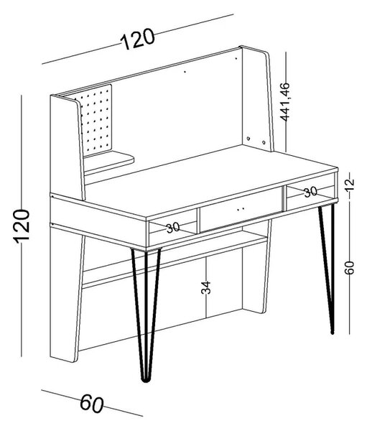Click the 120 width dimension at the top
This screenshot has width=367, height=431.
coord(137,39)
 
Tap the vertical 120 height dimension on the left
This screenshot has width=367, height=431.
coord(22,226)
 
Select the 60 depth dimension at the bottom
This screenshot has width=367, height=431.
coord(92,404)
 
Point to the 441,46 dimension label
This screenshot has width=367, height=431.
coord(285,101)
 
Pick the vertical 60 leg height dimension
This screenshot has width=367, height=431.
coord(349,268)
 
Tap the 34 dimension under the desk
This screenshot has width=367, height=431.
coord(205,287)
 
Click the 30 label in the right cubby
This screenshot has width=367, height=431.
coord(311,192)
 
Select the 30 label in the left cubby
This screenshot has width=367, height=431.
coord(173,228)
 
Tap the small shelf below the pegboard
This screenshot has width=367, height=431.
coord(108,162)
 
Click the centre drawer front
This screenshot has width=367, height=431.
coord(241,210)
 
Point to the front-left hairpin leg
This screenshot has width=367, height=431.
coord(147,313)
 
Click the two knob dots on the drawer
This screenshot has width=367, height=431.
coord(241,209)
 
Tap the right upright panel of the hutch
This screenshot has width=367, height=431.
coord(256,99)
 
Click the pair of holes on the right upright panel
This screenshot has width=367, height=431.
coord(256,140)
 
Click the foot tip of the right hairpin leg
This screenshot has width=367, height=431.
coord(332,333)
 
